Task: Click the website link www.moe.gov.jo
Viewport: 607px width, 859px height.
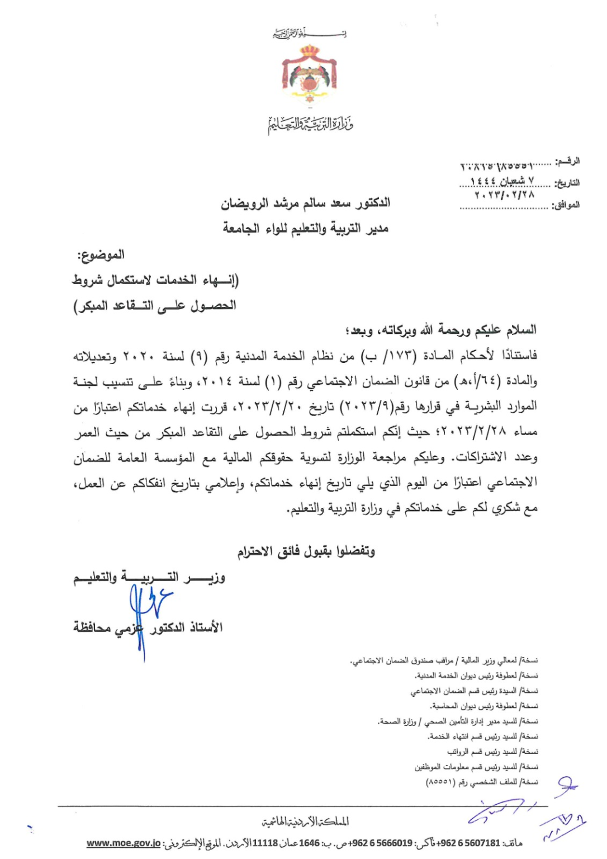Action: (124, 843)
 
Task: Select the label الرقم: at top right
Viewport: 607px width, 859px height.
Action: (567, 162)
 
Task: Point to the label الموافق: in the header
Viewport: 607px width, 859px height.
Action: (566, 205)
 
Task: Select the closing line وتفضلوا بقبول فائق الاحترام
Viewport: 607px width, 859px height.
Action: (306, 551)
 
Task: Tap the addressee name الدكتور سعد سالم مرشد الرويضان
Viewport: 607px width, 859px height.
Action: (305, 203)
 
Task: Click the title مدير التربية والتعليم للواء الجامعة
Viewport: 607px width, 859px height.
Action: (305, 228)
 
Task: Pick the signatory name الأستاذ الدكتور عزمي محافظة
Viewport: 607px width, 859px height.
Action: (148, 627)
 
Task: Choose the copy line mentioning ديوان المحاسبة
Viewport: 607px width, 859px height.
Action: (484, 706)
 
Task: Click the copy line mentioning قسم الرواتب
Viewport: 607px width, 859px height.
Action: (492, 752)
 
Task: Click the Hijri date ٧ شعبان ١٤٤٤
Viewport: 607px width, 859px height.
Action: (502, 181)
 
